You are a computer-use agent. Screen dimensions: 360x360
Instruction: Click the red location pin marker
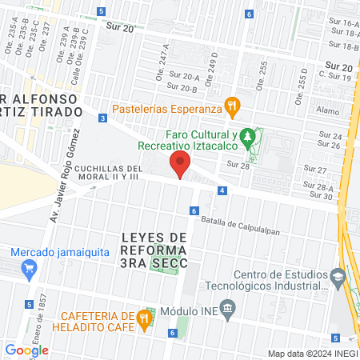[x=180, y=166]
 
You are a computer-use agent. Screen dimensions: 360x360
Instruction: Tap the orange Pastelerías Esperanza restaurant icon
[x=232, y=104]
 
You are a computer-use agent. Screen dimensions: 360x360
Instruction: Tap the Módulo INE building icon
[x=228, y=308]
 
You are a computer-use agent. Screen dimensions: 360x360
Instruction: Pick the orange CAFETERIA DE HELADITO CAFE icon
[x=144, y=318]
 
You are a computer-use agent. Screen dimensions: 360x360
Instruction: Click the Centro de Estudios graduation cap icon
[x=338, y=277]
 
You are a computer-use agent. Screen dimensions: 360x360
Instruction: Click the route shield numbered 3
[x=103, y=118]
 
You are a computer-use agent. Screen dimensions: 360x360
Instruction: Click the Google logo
[x=26, y=350]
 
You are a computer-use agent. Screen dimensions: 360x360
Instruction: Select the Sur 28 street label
[x=238, y=164]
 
